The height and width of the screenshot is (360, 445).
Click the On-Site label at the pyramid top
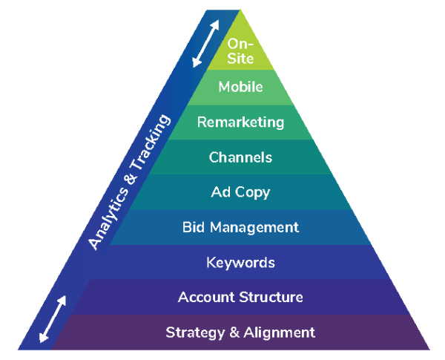[240, 51]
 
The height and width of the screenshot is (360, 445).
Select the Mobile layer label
[240, 87]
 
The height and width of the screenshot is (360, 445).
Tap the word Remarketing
[240, 122]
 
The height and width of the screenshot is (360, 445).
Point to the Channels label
[240, 157]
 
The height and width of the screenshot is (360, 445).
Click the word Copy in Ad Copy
[252, 193]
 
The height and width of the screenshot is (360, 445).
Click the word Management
[254, 228]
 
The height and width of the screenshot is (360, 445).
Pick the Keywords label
[240, 263]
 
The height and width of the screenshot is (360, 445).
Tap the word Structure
[271, 297]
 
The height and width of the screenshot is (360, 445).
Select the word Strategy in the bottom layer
[195, 333]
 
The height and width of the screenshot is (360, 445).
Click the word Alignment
[280, 333]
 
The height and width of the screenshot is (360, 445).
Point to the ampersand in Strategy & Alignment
[234, 333]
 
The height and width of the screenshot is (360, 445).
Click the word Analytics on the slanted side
[108, 218]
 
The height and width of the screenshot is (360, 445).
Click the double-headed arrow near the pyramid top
[205, 44]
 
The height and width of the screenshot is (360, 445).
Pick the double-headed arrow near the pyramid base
[53, 319]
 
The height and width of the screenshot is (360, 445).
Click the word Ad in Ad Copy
[220, 192]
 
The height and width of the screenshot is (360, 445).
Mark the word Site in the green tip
[240, 58]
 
